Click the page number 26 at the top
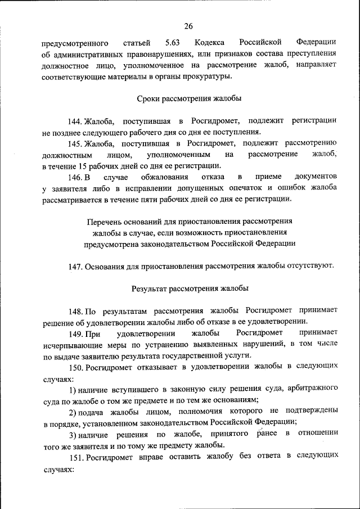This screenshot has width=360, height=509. (x=188, y=25)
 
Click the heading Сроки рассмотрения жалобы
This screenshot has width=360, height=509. (x=190, y=98)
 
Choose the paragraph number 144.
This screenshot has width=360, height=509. (x=76, y=121)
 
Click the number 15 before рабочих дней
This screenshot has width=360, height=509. (x=84, y=165)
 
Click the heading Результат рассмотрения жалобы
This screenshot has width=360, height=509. (x=190, y=289)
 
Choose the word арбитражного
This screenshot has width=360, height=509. (x=310, y=389)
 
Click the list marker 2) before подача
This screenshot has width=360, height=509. (x=73, y=411)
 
